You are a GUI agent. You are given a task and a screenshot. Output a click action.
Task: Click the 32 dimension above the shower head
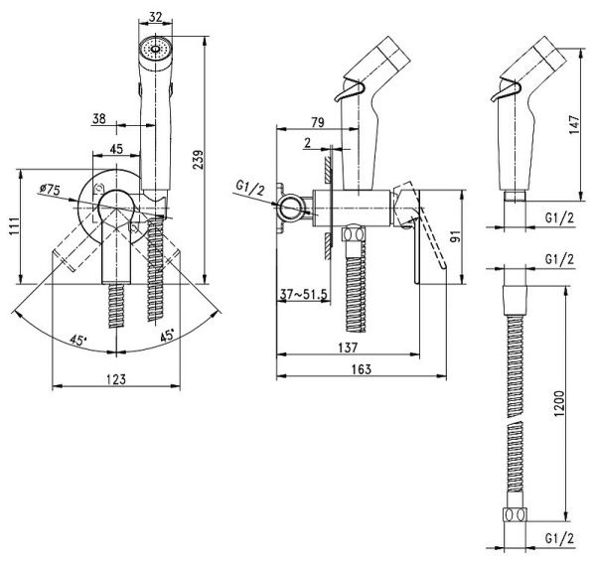(155, 16)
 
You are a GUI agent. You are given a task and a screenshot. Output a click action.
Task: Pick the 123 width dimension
(116, 379)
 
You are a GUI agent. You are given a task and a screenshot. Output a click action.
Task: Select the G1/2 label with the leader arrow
(250, 186)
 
